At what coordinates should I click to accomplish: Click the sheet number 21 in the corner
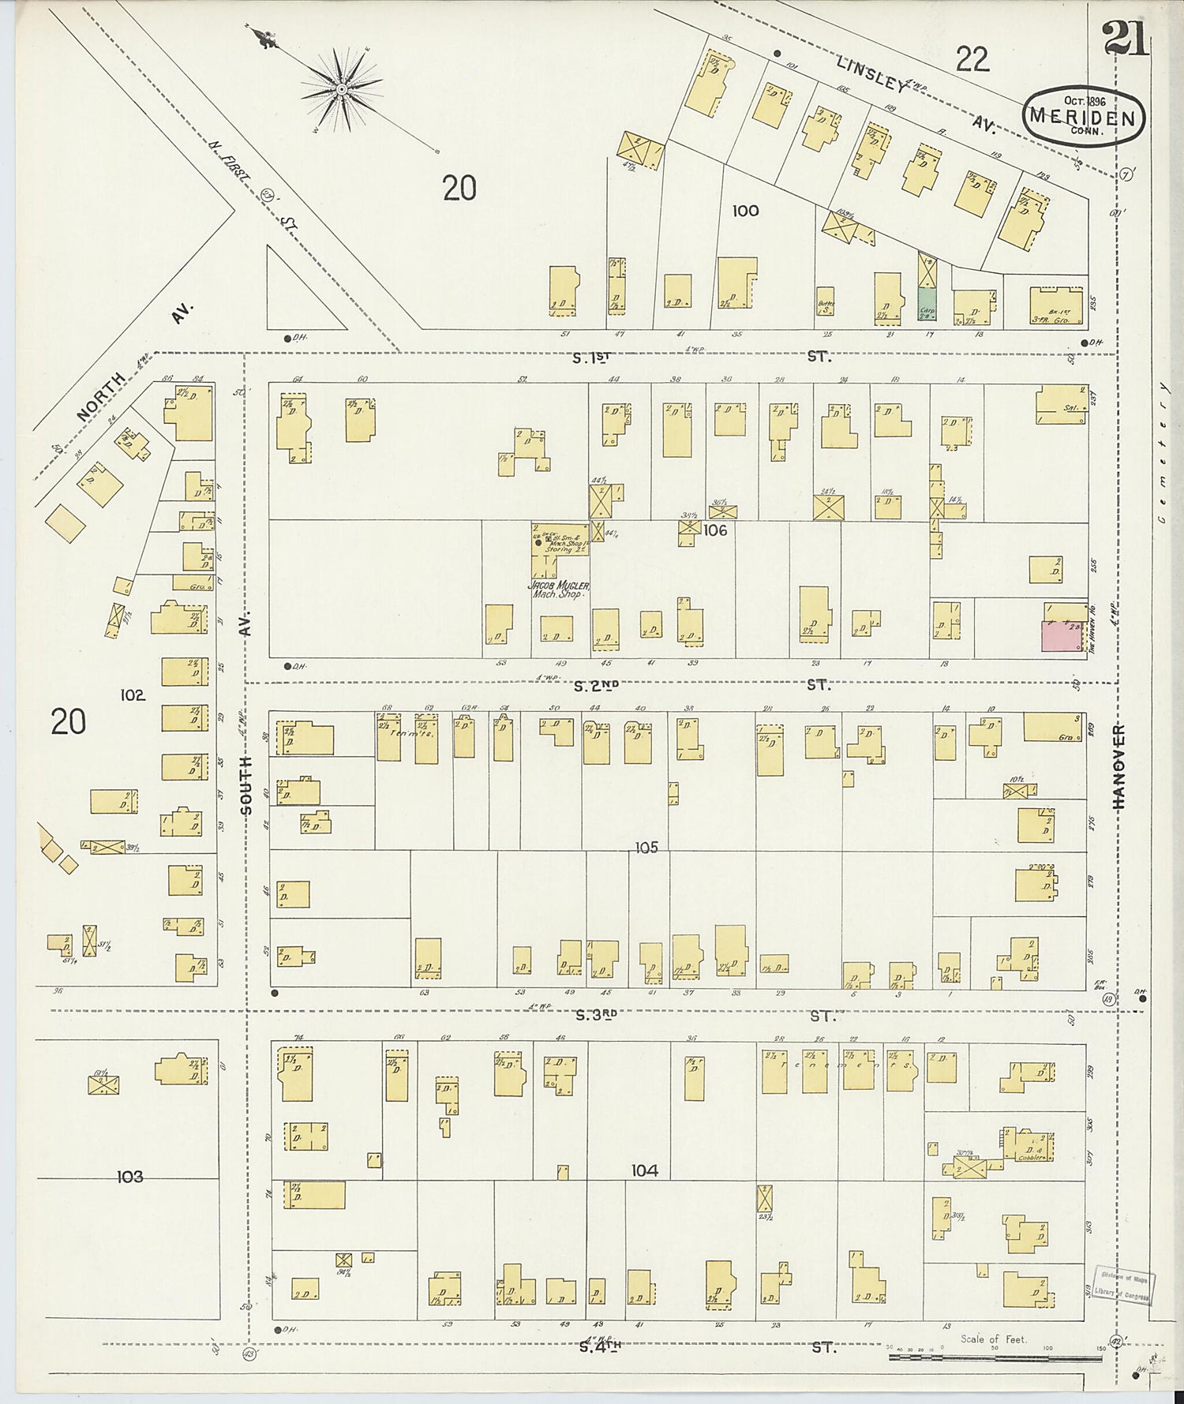[x=1126, y=37]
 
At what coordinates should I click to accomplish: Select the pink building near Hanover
[x=1062, y=636]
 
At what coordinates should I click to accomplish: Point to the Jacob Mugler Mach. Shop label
[x=559, y=590]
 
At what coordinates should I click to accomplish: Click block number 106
[x=714, y=530]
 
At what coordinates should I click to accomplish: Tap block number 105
[x=646, y=848]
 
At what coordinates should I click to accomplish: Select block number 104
[x=644, y=1171]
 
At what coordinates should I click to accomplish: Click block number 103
[x=130, y=1177]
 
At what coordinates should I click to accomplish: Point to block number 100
[x=745, y=211]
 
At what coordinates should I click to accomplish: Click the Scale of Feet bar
[x=995, y=1357]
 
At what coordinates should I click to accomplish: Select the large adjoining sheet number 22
[x=972, y=59]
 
